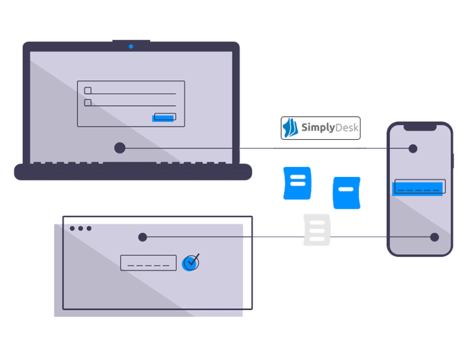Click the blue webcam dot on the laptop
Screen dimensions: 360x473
pyautogui.click(x=131, y=46)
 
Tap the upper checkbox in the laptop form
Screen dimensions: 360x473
pyautogui.click(x=87, y=91)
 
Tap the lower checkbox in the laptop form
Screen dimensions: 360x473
pyautogui.click(x=87, y=103)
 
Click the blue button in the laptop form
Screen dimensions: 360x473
pyautogui.click(x=164, y=117)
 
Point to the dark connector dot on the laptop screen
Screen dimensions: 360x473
pyautogui.click(x=119, y=148)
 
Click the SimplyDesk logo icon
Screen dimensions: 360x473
pyautogui.click(x=290, y=128)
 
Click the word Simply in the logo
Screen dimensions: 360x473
pyautogui.click(x=317, y=128)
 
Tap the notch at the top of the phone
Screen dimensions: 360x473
pyautogui.click(x=419, y=126)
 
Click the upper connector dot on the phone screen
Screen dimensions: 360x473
pyautogui.click(x=413, y=149)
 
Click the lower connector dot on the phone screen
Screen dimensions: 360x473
pyautogui.click(x=434, y=237)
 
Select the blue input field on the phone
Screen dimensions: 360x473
pyautogui.click(x=419, y=187)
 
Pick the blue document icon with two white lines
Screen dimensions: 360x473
pyautogui.click(x=297, y=182)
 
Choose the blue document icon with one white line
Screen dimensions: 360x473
pyautogui.click(x=346, y=192)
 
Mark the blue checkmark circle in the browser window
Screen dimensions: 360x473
pyautogui.click(x=191, y=263)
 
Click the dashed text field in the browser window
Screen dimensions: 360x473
pyautogui.click(x=148, y=263)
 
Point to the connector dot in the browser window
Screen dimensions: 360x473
pyautogui.click(x=142, y=237)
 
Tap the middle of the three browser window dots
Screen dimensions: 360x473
pyautogui.click(x=80, y=228)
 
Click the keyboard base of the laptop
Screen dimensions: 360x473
pyautogui.click(x=133, y=172)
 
